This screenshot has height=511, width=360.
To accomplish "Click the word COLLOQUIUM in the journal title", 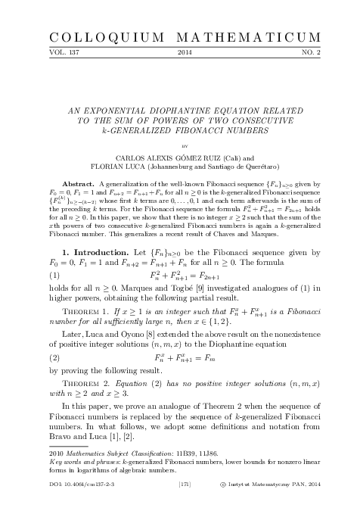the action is (x=93, y=37).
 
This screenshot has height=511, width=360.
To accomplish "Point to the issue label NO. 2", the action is (x=319, y=54).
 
